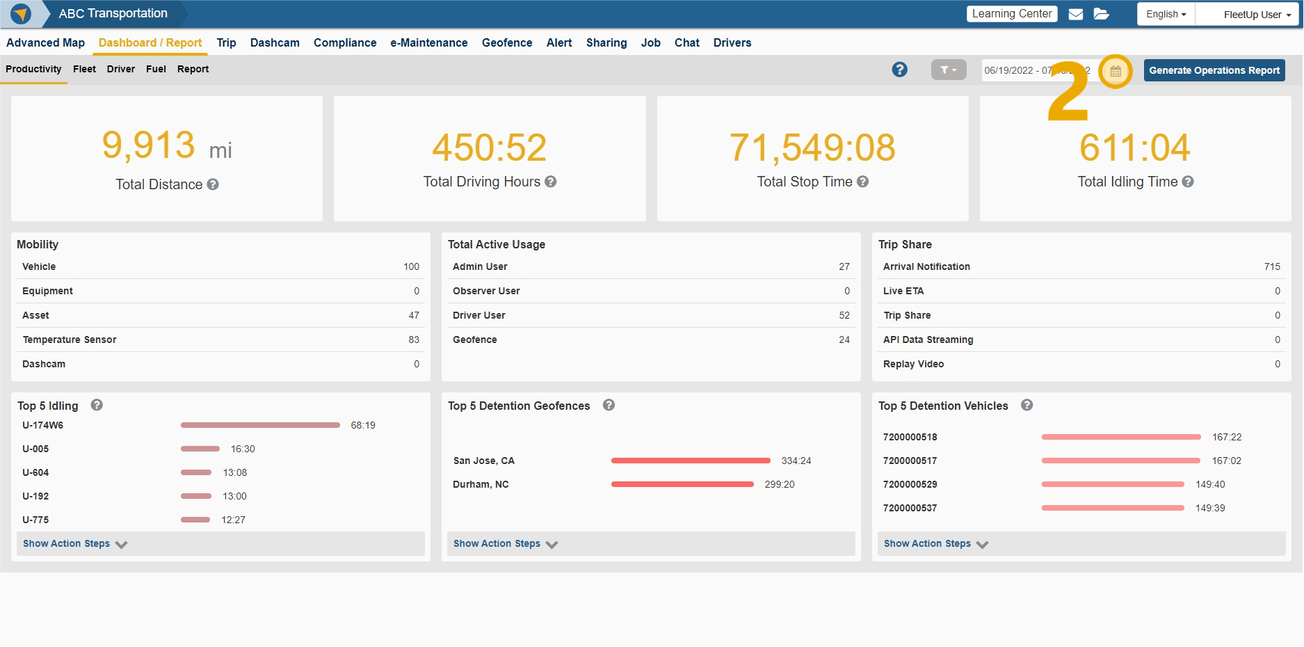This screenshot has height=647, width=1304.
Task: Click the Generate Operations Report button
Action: (x=1214, y=70)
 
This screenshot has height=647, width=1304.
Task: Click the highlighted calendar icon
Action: (x=1115, y=71)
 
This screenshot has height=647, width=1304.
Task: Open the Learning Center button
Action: (x=1011, y=14)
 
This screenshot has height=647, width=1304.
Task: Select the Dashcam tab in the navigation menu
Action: (x=275, y=42)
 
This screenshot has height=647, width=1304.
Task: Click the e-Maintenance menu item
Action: (x=428, y=42)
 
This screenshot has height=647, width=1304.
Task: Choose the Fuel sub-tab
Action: (x=156, y=69)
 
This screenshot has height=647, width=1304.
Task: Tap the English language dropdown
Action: (x=1166, y=14)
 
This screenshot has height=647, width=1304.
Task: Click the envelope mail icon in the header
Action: (x=1075, y=14)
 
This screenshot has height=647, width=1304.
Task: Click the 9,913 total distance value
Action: (x=149, y=145)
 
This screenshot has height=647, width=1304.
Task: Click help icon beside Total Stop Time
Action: (x=862, y=182)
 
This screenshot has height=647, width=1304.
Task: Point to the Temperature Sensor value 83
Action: (x=414, y=340)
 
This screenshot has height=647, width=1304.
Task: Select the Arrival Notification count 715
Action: (x=1271, y=266)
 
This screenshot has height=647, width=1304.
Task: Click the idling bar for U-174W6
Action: (x=260, y=425)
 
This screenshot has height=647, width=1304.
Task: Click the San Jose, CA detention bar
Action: (x=690, y=461)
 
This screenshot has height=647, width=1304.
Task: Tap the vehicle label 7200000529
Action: (x=910, y=484)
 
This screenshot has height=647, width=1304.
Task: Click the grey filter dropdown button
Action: (x=948, y=70)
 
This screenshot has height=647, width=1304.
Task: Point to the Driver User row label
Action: (x=478, y=315)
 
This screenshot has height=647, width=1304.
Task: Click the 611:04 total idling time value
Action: (x=1134, y=147)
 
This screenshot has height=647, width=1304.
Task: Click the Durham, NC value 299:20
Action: (x=779, y=484)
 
